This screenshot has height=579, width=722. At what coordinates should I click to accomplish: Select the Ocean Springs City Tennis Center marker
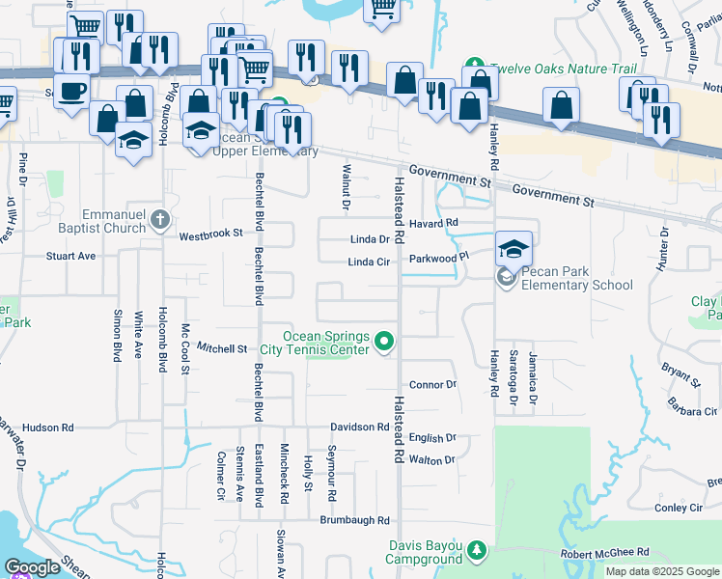[x=384, y=341]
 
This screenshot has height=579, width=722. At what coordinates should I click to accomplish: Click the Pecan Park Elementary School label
[x=576, y=278]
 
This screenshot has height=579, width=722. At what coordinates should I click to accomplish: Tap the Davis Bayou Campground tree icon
[x=476, y=549]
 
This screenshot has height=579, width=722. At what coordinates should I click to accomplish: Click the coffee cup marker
[x=71, y=91]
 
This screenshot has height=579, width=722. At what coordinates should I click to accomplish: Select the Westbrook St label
[x=210, y=234]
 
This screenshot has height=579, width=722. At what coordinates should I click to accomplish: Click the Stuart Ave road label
[x=71, y=257]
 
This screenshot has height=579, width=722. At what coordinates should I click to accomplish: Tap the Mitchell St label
[x=223, y=347]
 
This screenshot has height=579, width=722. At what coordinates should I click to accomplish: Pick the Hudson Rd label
[x=47, y=427]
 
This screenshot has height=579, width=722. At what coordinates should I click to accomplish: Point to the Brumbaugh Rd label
[x=354, y=519]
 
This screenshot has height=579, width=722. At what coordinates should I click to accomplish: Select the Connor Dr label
[x=431, y=384]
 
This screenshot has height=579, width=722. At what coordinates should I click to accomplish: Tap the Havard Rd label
[x=431, y=223]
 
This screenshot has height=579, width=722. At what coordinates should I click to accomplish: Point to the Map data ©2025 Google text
[x=662, y=571]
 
